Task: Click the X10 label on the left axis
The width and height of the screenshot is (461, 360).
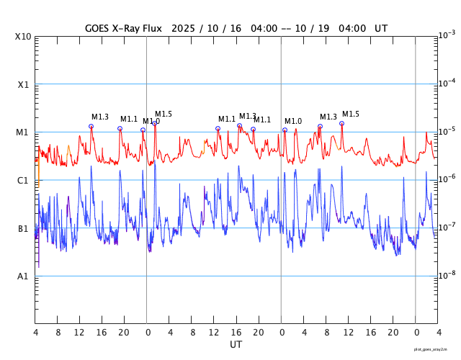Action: tap(22, 37)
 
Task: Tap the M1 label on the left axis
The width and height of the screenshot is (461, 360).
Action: tap(23, 132)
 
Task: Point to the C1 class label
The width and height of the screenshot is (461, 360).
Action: tap(23, 181)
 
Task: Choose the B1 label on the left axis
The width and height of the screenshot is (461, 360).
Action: tap(23, 229)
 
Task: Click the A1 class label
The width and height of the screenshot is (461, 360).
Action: tap(23, 276)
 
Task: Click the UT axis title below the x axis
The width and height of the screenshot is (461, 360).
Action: tap(236, 344)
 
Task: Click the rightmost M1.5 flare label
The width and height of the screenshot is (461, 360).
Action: tap(350, 114)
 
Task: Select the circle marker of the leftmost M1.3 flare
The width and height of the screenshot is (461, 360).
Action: tap(91, 126)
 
